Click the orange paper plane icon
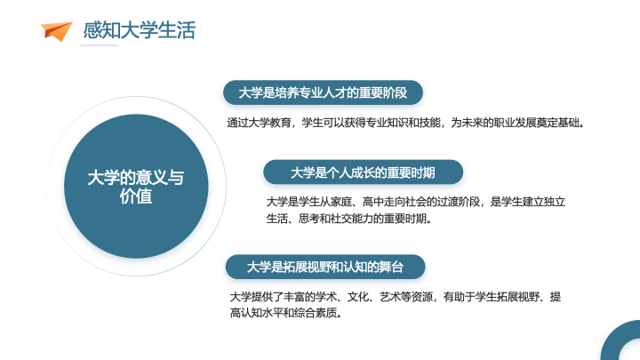tap(56, 30)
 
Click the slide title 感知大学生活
tap(140, 30)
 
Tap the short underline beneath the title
tap(100, 45)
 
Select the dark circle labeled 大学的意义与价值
tap(136, 186)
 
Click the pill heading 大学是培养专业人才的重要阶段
tap(323, 92)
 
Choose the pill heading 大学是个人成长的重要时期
tap(363, 172)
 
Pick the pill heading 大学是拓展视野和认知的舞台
tap(325, 267)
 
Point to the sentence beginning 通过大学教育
tap(405, 123)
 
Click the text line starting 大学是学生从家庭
tap(415, 202)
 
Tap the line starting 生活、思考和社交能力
tap(349, 219)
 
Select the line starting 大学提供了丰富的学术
tap(395, 297)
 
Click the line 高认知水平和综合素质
tap(286, 313)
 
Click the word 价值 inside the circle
tap(136, 196)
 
